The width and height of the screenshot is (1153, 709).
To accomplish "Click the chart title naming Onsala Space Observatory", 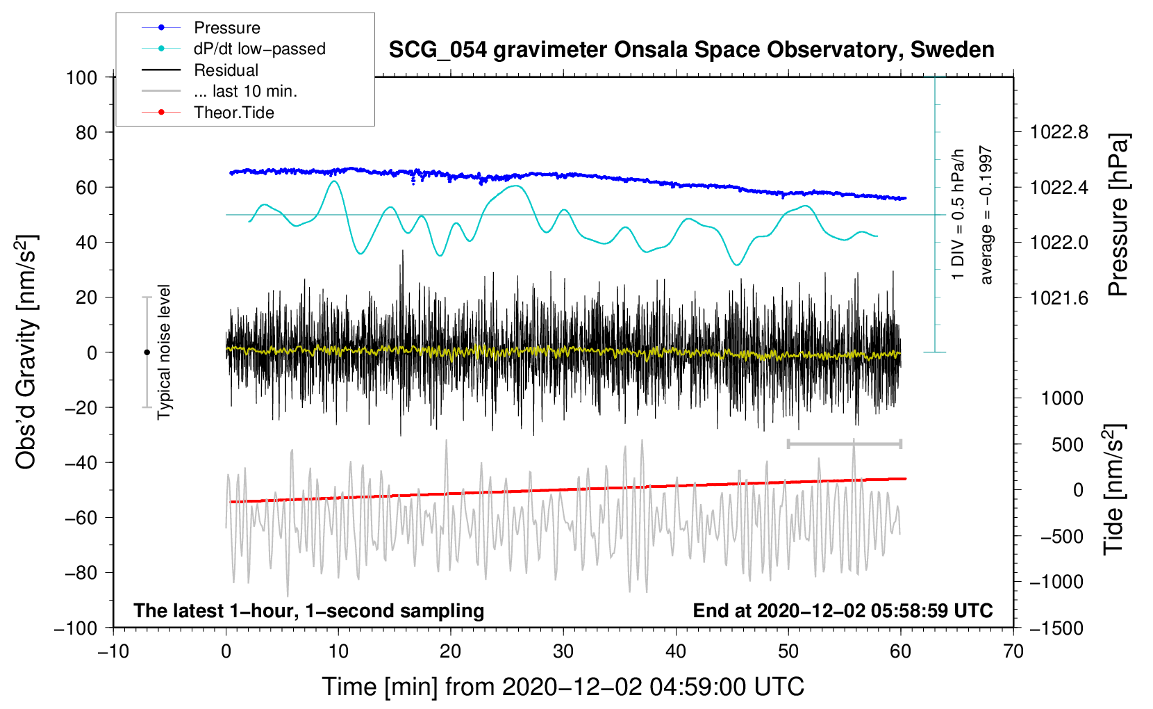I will point(691,50).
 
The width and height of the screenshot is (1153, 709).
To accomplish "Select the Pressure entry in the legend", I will point(226,28).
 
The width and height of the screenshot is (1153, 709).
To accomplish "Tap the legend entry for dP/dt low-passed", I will point(259,49).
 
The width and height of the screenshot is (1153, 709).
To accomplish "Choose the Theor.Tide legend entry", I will point(233,113).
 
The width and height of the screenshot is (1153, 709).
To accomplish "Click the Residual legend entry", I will point(226,70).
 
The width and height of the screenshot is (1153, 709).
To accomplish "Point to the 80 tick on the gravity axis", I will point(86,132).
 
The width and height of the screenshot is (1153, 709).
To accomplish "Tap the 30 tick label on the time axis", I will point(563,651).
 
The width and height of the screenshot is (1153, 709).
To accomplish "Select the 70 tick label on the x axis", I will point(1013,651).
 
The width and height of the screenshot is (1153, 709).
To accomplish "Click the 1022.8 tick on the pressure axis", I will point(1059,132).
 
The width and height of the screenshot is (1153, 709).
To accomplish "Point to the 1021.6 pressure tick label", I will point(1059,298).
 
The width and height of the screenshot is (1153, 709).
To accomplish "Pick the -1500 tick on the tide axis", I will point(1056,628).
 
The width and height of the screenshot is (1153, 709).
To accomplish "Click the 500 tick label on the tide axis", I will point(1067,444).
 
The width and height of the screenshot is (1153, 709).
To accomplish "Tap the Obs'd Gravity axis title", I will point(26,352).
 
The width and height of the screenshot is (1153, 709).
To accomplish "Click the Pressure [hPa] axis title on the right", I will point(1118,215).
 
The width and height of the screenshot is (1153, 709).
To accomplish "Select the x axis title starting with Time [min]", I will point(563,687).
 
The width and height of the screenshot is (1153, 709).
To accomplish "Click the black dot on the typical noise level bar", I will point(147,352).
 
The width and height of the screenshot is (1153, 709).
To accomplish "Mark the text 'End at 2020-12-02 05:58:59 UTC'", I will point(843,611).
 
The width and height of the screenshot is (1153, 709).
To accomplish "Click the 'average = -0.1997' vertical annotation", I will point(986,215).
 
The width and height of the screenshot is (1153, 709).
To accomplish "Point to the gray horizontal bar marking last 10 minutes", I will point(844,443).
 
